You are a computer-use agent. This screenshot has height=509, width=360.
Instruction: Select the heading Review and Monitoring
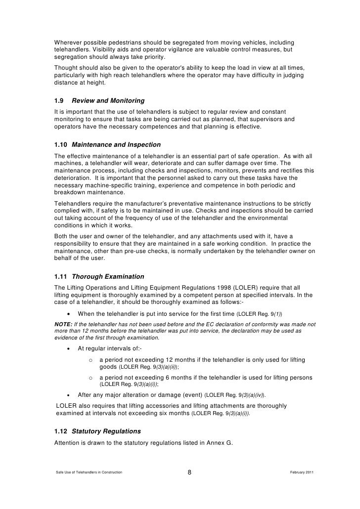[105, 101]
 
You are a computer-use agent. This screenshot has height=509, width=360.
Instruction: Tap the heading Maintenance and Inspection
[116, 145]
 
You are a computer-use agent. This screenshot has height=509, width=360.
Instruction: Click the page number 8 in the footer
[190, 473]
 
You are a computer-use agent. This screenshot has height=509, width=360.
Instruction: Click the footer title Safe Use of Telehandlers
[89, 473]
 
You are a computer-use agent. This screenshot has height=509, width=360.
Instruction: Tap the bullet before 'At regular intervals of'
[68, 349]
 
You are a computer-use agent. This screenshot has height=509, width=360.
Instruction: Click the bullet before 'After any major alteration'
[68, 395]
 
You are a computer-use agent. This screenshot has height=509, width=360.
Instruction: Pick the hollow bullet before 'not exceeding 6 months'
[90, 378]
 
